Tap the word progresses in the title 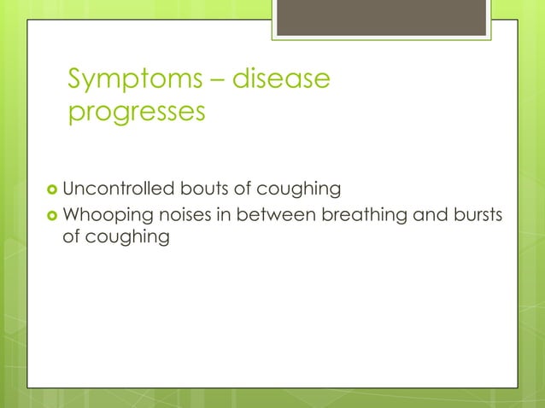pyautogui.click(x=137, y=113)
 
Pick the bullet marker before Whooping pyautogui.click(x=53, y=215)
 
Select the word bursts pyautogui.click(x=475, y=214)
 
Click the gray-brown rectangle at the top pyautogui.click(x=382, y=17)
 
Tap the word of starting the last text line pyautogui.click(x=73, y=236)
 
